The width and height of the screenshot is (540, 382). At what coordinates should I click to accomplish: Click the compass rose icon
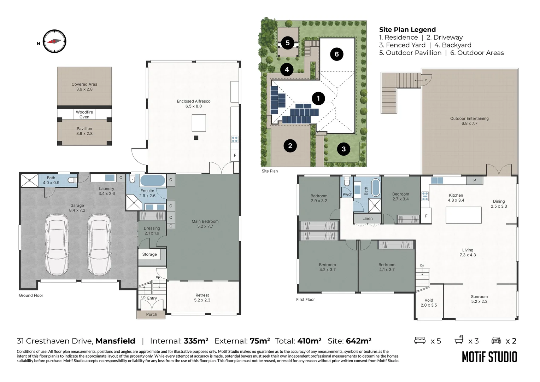[x=54, y=41]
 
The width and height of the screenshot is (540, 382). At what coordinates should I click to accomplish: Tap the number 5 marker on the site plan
[x=288, y=43]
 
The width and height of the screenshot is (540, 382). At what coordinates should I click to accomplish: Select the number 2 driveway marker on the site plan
[x=290, y=146]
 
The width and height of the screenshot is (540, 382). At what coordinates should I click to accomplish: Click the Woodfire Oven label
[x=84, y=114]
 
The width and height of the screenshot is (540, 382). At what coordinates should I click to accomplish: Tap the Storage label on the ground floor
[x=149, y=254]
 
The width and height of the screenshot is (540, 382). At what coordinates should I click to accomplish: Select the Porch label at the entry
[x=151, y=314]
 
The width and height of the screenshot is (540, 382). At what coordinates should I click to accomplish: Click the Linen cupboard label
[x=368, y=218]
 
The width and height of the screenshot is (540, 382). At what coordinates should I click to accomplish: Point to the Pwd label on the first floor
[x=347, y=194]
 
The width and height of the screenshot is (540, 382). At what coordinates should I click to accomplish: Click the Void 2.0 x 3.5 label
[x=429, y=303]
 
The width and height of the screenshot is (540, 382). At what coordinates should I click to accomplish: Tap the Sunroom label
[x=479, y=296]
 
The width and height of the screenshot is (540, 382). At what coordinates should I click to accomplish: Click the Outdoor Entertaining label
[x=469, y=118]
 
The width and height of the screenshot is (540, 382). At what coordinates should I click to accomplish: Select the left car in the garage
[x=57, y=245]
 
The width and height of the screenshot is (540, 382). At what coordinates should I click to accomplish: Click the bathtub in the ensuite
[x=153, y=180]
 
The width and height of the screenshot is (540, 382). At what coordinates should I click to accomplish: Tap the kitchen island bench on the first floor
[x=464, y=215]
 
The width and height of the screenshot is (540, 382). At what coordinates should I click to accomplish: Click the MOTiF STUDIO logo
[x=489, y=357]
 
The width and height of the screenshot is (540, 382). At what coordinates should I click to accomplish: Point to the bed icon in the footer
[x=420, y=340]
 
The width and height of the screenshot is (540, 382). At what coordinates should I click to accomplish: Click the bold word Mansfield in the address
[x=115, y=341]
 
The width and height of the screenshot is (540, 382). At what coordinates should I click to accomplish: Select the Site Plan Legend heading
[x=407, y=30]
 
